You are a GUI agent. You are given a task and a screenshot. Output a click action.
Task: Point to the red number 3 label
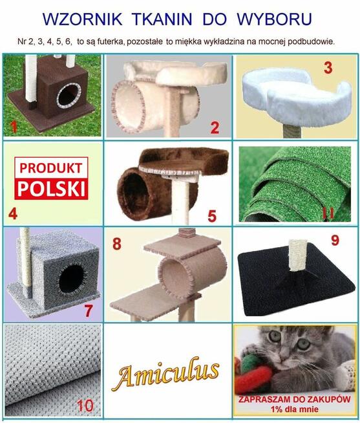[328, 67]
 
